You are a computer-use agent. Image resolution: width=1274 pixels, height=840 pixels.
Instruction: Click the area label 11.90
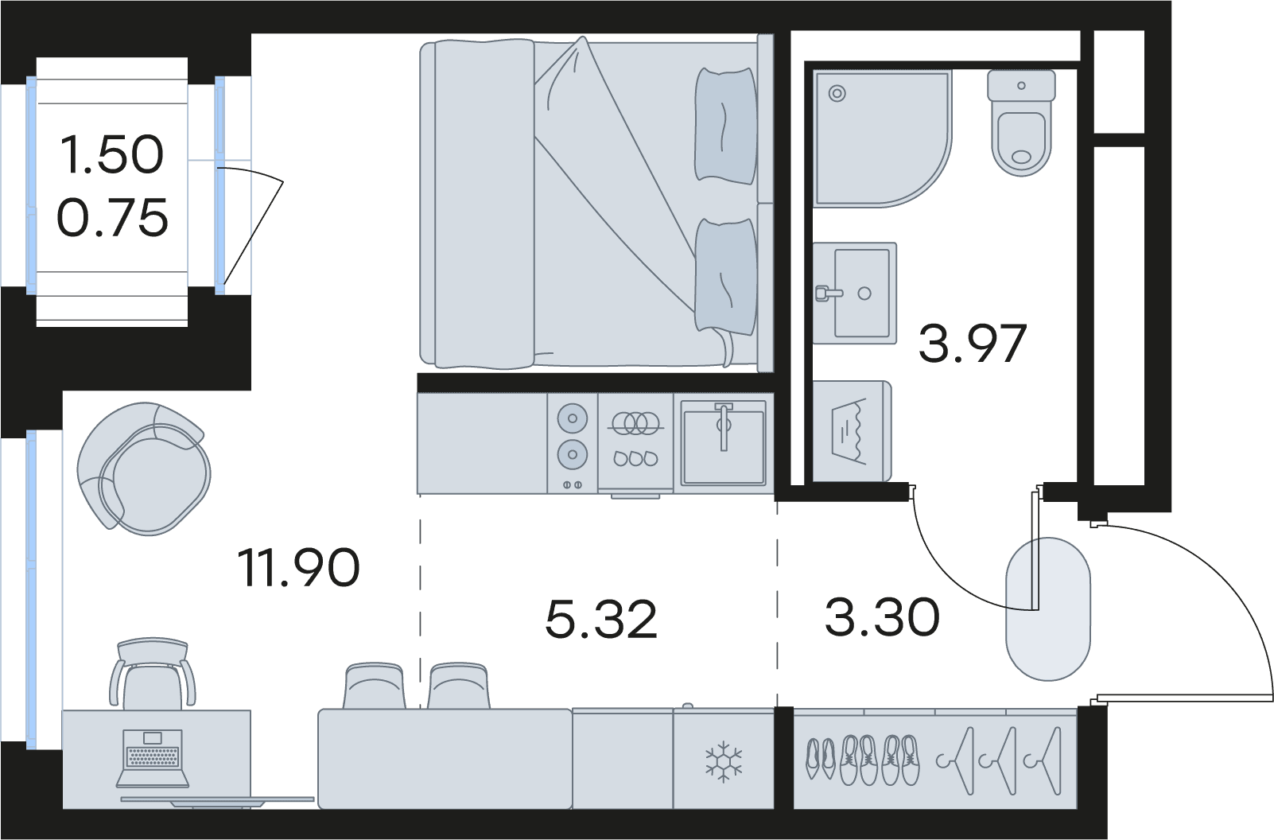[298, 567]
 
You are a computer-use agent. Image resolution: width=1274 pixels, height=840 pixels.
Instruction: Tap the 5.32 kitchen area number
[600, 619]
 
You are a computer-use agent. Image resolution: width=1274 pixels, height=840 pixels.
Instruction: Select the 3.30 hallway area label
[882, 616]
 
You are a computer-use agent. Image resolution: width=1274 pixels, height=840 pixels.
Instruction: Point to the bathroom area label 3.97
[973, 343]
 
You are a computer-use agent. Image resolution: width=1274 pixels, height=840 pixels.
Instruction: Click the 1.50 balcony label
[112, 154]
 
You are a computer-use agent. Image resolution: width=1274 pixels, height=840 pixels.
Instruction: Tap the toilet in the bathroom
[1021, 122]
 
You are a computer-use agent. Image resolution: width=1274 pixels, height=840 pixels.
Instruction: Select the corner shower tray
[882, 138]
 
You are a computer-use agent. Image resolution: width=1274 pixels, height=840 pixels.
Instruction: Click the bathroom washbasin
[855, 293]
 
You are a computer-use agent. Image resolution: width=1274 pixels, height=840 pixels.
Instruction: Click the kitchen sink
[724, 442]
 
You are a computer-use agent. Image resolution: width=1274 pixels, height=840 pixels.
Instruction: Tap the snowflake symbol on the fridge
[724, 761]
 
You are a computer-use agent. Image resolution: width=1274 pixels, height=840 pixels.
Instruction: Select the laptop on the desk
[153, 759]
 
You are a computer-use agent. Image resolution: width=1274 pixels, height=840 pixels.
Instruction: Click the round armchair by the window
[143, 469]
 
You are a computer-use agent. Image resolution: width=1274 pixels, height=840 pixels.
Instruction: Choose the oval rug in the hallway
[1048, 609]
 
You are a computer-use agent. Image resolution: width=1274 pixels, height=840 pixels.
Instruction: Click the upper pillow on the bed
[726, 126]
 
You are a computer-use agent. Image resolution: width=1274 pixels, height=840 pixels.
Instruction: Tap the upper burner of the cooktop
[572, 418]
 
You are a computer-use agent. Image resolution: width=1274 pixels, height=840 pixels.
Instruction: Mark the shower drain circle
[837, 93]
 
